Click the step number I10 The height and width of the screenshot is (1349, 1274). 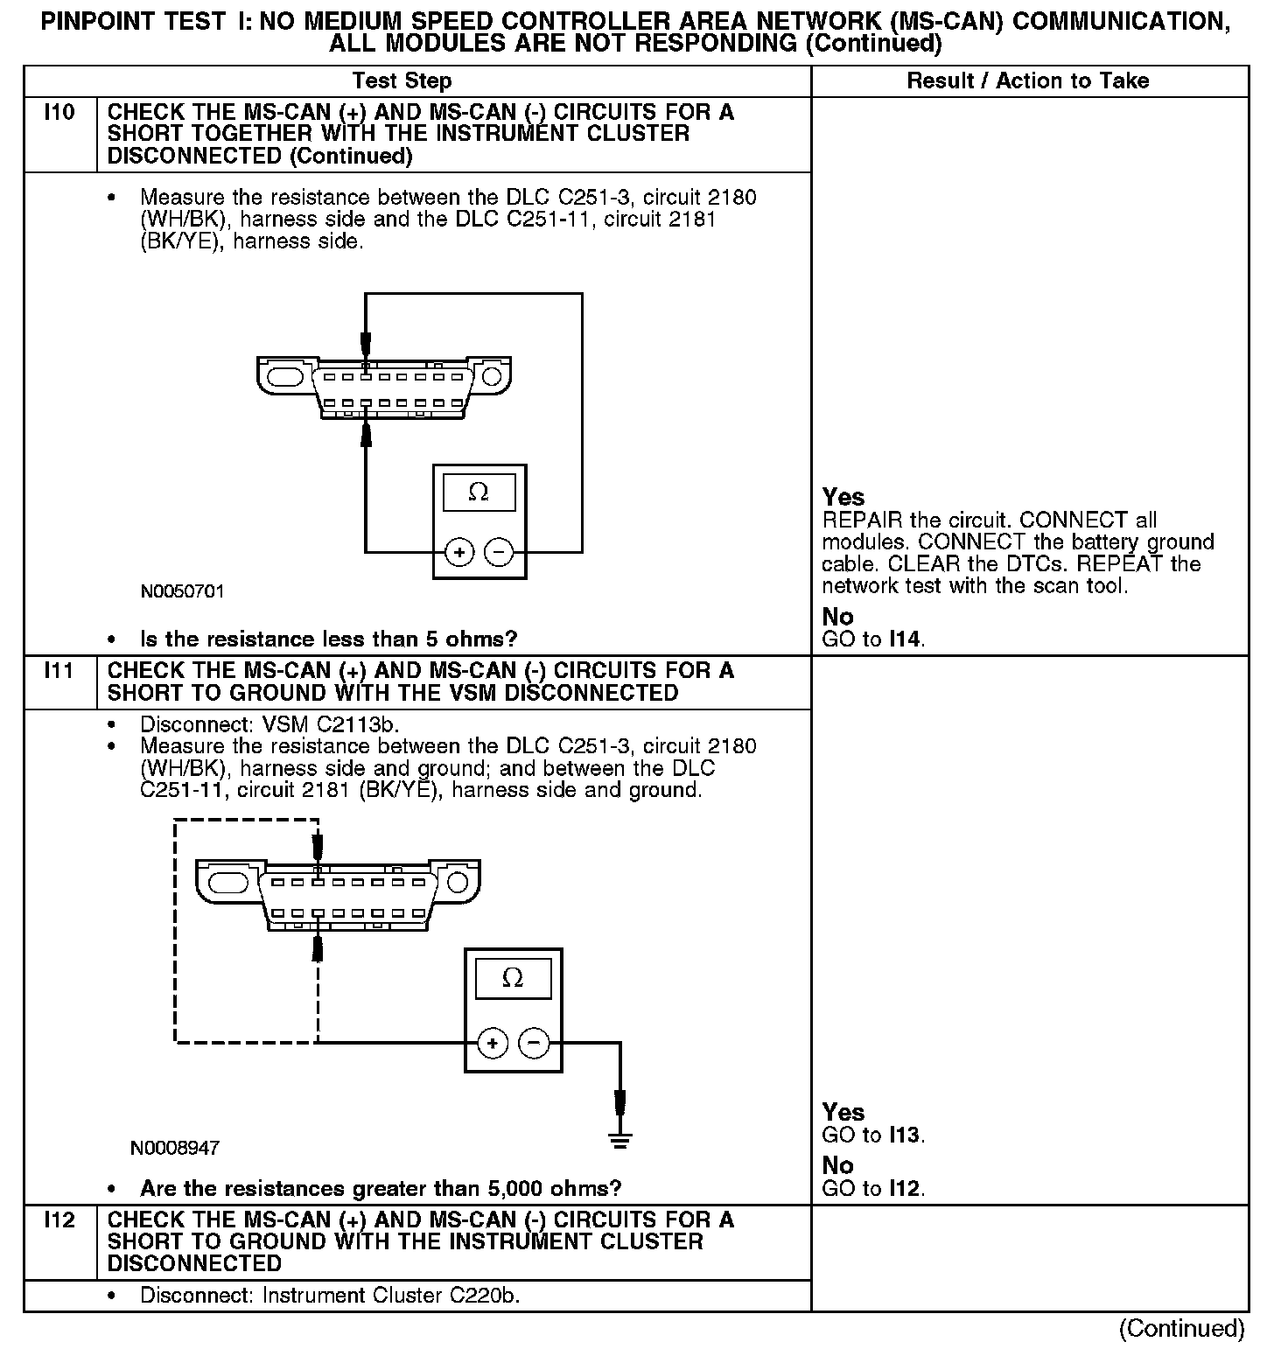(59, 113)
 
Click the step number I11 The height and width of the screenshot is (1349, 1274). (59, 671)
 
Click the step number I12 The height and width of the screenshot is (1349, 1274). (59, 1220)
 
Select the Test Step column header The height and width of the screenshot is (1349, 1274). (402, 81)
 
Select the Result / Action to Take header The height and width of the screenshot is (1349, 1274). (1027, 81)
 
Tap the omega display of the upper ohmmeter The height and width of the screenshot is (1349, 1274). (479, 493)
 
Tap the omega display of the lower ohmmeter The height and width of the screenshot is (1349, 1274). (513, 978)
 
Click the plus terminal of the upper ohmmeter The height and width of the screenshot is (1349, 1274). (459, 553)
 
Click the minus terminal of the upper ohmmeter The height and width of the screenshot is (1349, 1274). (499, 553)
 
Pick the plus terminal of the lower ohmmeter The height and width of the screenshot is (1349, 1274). (493, 1043)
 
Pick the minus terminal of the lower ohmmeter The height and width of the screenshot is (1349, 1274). (534, 1043)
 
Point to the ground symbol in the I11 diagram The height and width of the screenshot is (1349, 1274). (619, 1139)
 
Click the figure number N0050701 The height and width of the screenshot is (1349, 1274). (182, 591)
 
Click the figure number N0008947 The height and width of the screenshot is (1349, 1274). (175, 1148)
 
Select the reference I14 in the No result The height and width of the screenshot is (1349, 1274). (906, 640)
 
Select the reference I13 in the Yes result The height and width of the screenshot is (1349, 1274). (906, 1136)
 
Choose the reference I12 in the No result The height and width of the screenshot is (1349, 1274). (906, 1189)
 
